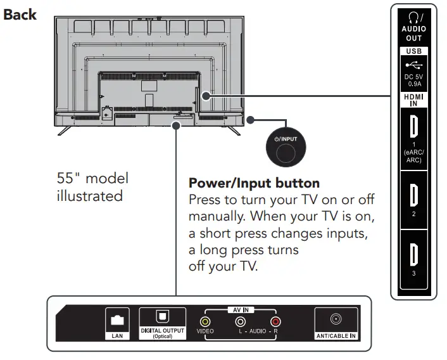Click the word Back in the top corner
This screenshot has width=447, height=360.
pyautogui.click(x=20, y=14)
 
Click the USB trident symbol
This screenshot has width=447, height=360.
pyautogui.click(x=414, y=64)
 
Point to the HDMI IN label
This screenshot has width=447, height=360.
pyautogui.click(x=414, y=100)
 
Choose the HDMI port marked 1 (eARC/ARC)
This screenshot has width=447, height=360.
pyautogui.click(x=414, y=127)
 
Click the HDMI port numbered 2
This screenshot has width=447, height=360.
pyautogui.click(x=414, y=192)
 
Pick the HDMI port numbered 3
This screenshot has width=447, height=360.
pyautogui.click(x=414, y=252)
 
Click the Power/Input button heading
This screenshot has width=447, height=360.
pyautogui.click(x=254, y=184)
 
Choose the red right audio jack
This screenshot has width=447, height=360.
pyautogui.click(x=274, y=322)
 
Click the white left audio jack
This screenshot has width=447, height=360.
pyautogui.click(x=240, y=322)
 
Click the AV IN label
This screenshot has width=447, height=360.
pyautogui.click(x=240, y=310)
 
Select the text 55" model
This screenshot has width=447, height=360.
pyautogui.click(x=92, y=179)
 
